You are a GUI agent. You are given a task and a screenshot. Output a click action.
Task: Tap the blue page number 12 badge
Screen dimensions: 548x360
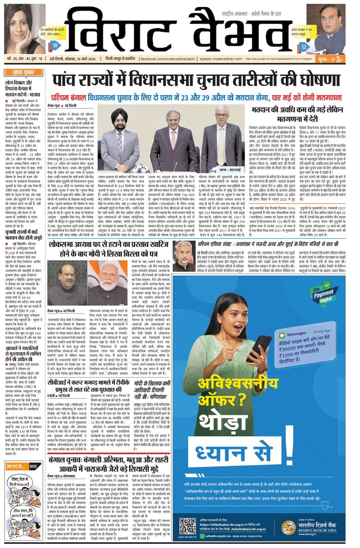[x=304, y=47]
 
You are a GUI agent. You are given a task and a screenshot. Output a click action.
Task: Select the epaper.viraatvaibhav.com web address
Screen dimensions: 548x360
[x=229, y=60]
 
